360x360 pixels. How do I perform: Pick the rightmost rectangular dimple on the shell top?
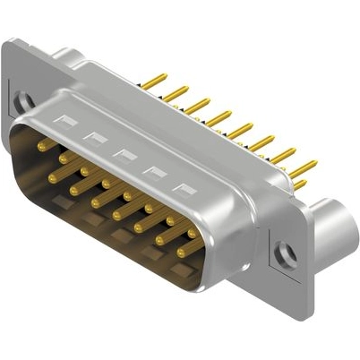pos(184,189)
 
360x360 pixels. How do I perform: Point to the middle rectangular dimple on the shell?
pos(124,154)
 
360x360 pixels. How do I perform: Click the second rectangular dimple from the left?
pos(93,137)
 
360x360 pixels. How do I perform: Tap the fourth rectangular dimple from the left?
pos(154,172)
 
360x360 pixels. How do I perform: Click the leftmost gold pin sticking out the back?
pos(153,81)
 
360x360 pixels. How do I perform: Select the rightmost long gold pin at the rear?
pos(304,167)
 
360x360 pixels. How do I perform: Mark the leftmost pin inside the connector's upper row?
pos(43,145)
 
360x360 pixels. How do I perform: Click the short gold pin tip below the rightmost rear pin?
pos(300,185)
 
